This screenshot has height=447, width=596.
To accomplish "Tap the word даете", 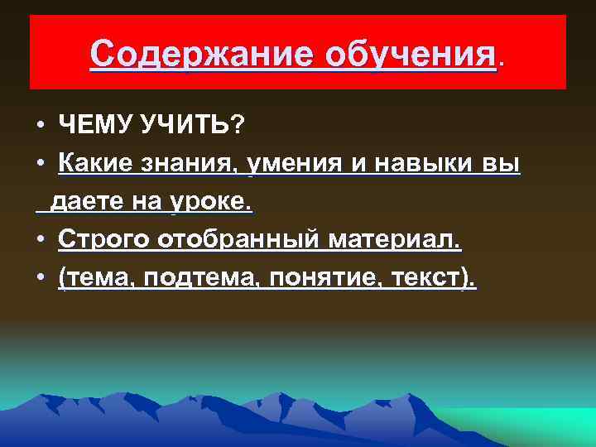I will (x=84, y=201).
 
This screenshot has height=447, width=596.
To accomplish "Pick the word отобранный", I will (x=239, y=240).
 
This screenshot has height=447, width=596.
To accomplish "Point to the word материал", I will (x=397, y=240).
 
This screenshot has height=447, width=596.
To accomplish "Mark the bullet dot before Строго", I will (x=40, y=241).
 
